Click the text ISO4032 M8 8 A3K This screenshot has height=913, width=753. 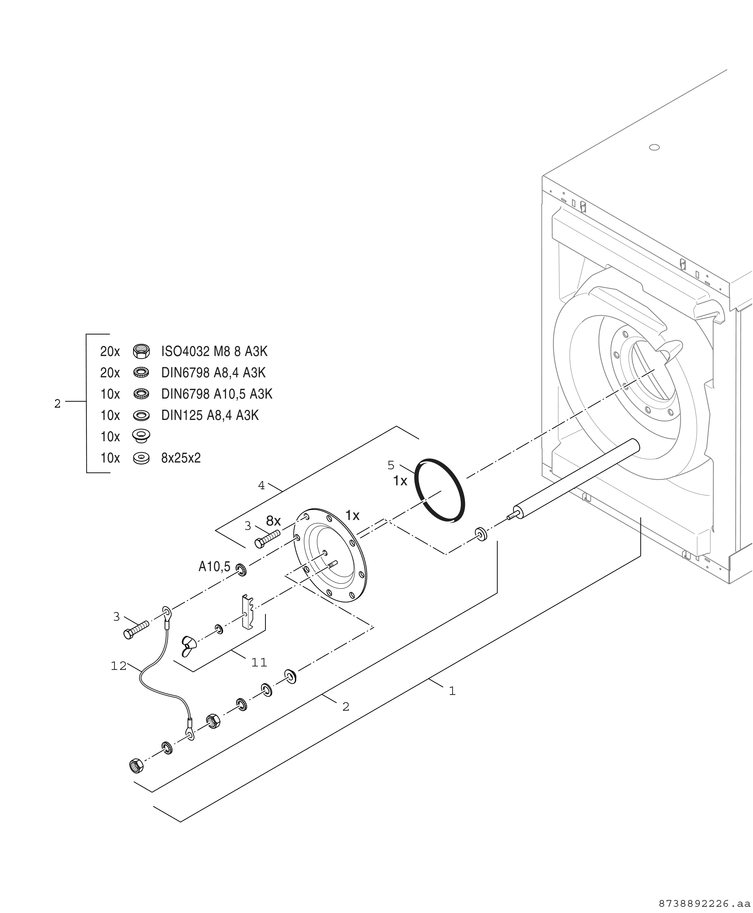(214, 351)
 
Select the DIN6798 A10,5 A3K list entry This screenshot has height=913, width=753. (216, 394)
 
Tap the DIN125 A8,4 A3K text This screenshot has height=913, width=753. (210, 416)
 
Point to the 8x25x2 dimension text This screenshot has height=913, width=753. (181, 458)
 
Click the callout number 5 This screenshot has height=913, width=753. (391, 465)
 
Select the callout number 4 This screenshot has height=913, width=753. (261, 486)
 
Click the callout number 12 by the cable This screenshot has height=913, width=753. (118, 666)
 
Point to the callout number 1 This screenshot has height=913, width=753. (452, 691)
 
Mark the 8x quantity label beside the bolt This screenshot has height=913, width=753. (273, 520)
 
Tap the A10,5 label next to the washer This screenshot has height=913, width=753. (214, 566)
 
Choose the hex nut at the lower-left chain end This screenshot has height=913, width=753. (136, 766)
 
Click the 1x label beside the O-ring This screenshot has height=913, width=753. (400, 481)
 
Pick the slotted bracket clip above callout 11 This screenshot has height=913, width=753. (247, 612)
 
